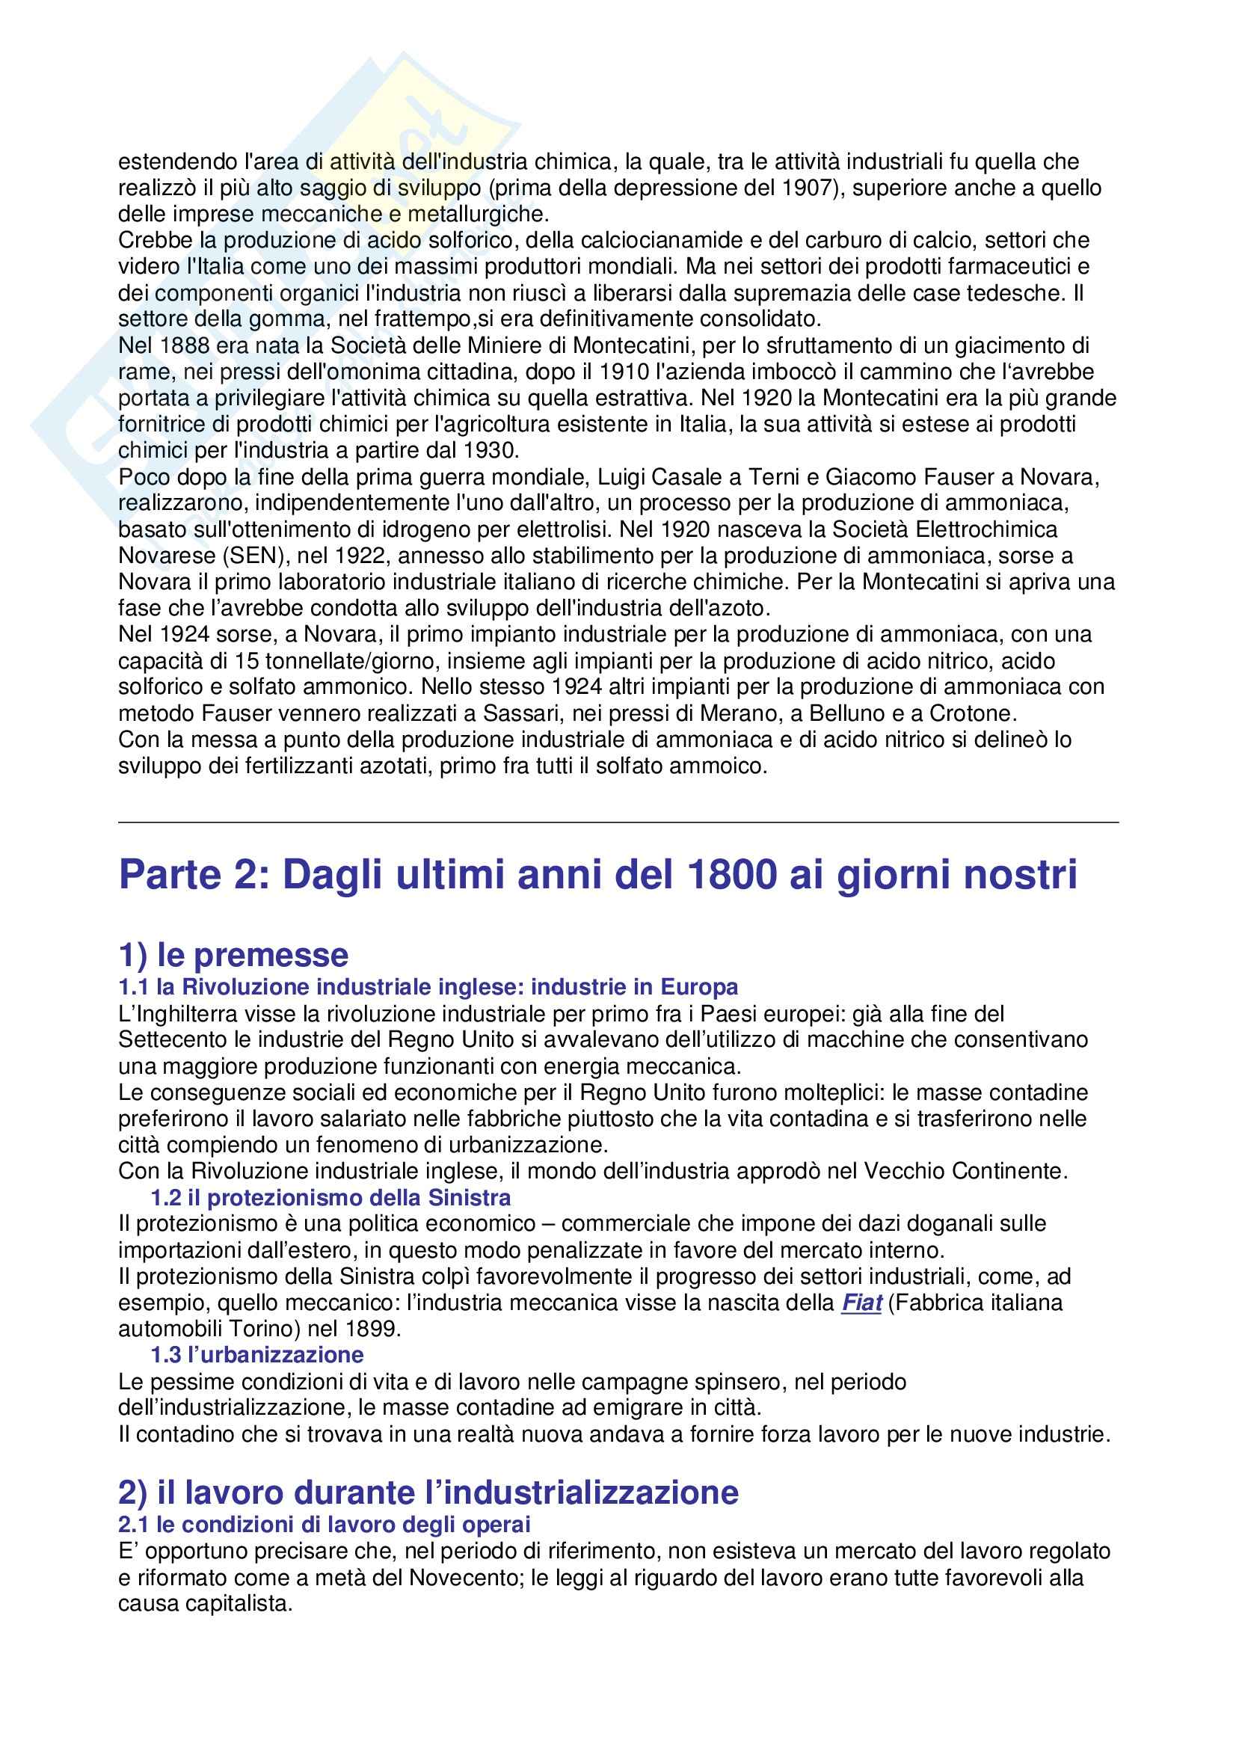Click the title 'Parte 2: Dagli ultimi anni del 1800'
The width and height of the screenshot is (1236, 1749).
click(x=598, y=876)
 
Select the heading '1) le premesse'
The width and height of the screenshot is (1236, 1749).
click(x=233, y=954)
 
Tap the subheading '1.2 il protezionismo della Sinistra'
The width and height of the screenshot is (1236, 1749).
click(x=330, y=1198)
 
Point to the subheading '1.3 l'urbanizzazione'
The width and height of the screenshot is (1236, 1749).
click(x=256, y=1355)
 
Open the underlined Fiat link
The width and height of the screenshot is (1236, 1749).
click(x=861, y=1303)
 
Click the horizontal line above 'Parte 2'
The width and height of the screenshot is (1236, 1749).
click(x=618, y=823)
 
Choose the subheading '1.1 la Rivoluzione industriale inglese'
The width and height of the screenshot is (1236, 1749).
click(x=428, y=987)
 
